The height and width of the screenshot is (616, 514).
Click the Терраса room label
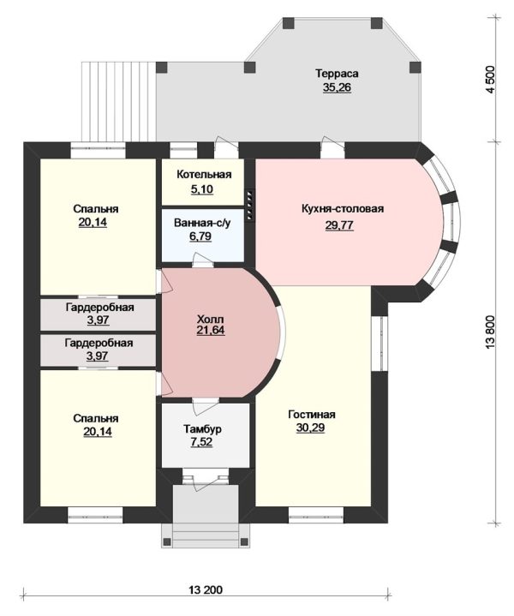click(x=337, y=74)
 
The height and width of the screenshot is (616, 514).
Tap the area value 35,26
click(x=337, y=87)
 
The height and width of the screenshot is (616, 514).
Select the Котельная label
click(x=204, y=175)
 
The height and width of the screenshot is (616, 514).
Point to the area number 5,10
click(x=202, y=189)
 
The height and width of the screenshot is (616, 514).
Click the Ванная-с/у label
click(x=202, y=223)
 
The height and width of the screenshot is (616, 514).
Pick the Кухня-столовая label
click(x=343, y=208)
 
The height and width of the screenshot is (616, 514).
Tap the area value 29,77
click(x=339, y=225)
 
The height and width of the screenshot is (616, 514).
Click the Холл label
click(x=210, y=319)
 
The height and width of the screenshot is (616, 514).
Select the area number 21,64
click(x=211, y=331)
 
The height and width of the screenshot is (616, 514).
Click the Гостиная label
click(x=312, y=415)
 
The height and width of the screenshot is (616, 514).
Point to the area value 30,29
click(x=310, y=428)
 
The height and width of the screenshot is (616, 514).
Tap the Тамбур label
click(x=202, y=429)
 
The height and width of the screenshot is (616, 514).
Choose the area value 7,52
click(x=201, y=442)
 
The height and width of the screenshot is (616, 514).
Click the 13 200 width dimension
click(x=206, y=589)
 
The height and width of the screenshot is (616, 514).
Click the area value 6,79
click(x=200, y=236)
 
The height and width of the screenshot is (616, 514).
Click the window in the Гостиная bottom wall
click(x=316, y=515)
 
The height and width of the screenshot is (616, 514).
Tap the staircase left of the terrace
click(x=119, y=102)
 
